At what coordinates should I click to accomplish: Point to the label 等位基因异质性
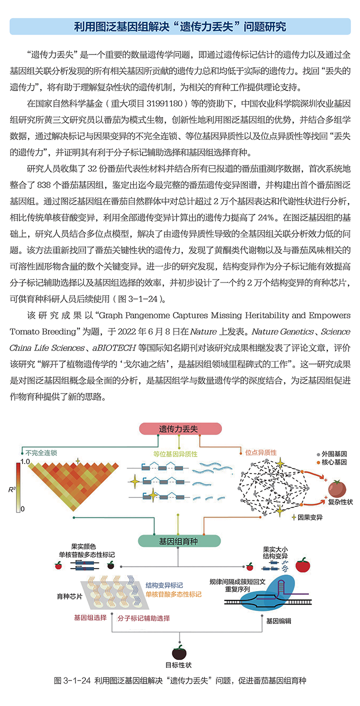tap(175, 454)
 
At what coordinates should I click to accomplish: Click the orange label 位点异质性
tap(260, 452)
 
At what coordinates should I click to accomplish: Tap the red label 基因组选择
tap(90, 617)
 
